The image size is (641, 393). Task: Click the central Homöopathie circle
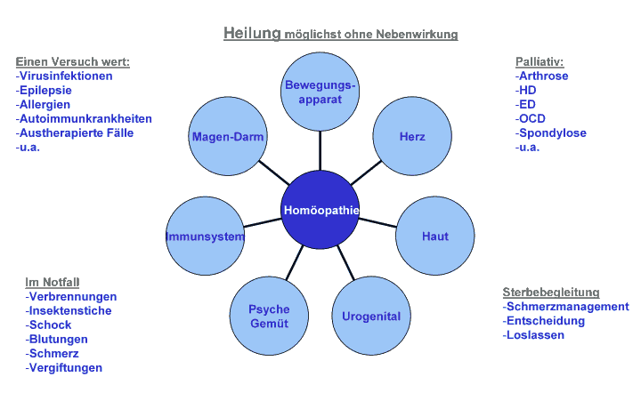[x=320, y=211]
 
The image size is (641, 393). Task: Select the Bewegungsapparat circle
[x=320, y=92]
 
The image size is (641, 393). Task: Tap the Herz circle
[x=412, y=137]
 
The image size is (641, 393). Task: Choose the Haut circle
[x=434, y=237]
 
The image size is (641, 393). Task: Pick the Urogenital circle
[x=371, y=316]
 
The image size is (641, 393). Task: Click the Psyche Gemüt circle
[x=269, y=317]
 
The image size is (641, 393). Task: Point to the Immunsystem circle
[x=205, y=237]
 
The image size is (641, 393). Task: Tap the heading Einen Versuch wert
[x=72, y=62]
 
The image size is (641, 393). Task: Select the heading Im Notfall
[x=53, y=282]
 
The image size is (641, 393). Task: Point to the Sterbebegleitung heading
[x=550, y=292]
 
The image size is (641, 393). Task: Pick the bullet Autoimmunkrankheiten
[x=85, y=118]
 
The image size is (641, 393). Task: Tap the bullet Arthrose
[x=542, y=76]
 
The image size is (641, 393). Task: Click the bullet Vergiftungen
[x=64, y=367]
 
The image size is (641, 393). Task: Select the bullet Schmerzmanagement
[x=565, y=307]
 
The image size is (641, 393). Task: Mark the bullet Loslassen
[x=533, y=335]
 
